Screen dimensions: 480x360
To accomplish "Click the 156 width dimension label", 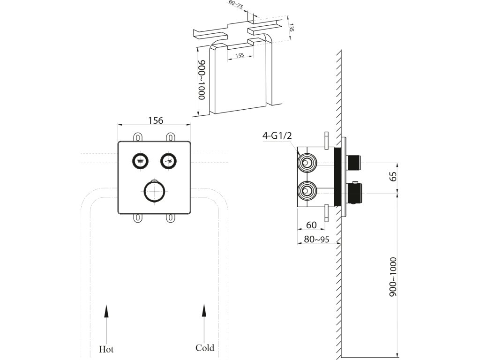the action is pyautogui.click(x=156, y=120).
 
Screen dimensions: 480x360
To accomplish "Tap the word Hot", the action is pyautogui.click(x=106, y=349).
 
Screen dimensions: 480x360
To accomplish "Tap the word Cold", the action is pyautogui.click(x=205, y=348).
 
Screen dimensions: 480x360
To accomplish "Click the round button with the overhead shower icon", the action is pyautogui.click(x=141, y=160).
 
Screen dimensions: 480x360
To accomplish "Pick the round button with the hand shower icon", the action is pyautogui.click(x=168, y=160).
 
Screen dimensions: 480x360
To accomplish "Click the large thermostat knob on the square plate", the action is pyautogui.click(x=154, y=191).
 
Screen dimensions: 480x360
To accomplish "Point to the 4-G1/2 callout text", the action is pyautogui.click(x=277, y=135).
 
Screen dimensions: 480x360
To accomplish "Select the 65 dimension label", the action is pyautogui.click(x=393, y=176).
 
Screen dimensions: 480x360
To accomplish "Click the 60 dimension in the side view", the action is pyautogui.click(x=311, y=225).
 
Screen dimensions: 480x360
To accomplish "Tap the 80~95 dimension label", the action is pyautogui.click(x=316, y=239).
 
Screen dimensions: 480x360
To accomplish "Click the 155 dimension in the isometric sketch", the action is pyautogui.click(x=240, y=55).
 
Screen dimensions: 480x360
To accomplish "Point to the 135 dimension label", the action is pyautogui.click(x=291, y=28).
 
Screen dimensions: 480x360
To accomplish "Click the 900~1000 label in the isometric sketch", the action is pyautogui.click(x=202, y=80).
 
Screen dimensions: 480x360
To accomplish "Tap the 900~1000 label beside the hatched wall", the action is pyautogui.click(x=393, y=277).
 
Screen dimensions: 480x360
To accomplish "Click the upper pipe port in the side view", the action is pyautogui.click(x=306, y=163).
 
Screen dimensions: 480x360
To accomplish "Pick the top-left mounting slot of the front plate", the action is pyautogui.click(x=138, y=137).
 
